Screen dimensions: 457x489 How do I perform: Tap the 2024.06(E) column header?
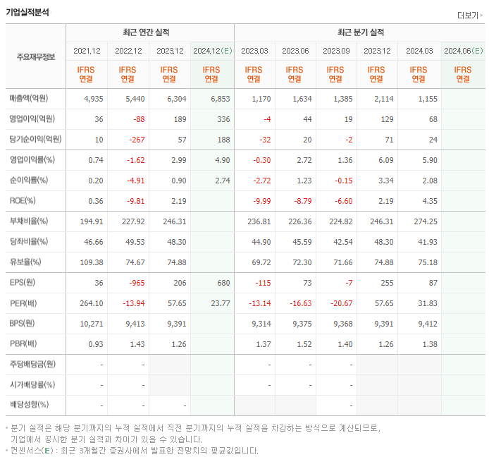463,51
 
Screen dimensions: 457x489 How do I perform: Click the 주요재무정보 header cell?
35,56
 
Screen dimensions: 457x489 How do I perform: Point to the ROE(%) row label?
23,201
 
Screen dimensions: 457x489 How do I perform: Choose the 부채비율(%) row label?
29,221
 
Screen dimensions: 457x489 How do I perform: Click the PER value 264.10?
92,303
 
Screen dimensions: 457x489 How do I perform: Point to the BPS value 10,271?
92,324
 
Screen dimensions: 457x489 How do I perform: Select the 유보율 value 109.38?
92,262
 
